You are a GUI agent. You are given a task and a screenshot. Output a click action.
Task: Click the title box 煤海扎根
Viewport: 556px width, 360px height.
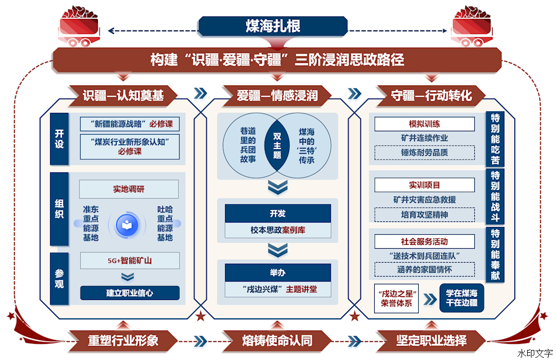272,26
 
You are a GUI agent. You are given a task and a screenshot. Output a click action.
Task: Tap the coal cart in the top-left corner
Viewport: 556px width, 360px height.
79,26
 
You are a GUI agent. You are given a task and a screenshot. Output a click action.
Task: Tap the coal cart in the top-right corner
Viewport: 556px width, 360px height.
472,26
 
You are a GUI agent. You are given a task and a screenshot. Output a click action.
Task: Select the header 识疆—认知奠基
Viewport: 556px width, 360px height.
123,96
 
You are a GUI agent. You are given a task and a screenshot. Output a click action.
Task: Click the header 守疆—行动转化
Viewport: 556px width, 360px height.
431,96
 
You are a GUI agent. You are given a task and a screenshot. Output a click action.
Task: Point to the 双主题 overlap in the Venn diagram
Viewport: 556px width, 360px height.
277,146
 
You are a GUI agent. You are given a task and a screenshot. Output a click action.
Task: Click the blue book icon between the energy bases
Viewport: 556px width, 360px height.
127,225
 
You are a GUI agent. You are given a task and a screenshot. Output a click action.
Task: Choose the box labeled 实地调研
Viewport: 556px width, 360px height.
129,189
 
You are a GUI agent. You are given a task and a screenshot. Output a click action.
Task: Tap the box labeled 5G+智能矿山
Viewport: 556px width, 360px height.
130,260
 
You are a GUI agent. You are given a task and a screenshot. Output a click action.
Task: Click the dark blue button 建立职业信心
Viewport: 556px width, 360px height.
130,293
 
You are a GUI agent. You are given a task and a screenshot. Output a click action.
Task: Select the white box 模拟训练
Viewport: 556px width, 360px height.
424,124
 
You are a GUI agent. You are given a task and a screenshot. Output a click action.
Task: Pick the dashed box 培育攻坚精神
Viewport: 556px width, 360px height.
424,215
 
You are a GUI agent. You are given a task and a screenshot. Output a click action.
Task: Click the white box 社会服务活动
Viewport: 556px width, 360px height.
424,242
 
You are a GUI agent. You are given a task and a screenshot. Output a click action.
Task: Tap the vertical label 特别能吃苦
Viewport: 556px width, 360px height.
495,139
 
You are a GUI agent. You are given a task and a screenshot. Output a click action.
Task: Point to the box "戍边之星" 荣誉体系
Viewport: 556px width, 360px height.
396,298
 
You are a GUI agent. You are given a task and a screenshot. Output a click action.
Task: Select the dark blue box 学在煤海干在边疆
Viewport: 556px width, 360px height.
461,298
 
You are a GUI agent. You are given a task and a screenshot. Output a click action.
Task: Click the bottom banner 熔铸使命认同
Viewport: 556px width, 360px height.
277,341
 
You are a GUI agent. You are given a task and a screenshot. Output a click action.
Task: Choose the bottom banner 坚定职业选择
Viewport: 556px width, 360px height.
431,341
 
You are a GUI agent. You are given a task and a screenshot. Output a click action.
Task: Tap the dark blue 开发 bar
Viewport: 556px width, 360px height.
277,213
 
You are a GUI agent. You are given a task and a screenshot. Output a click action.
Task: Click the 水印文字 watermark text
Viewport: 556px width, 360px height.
535,353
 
